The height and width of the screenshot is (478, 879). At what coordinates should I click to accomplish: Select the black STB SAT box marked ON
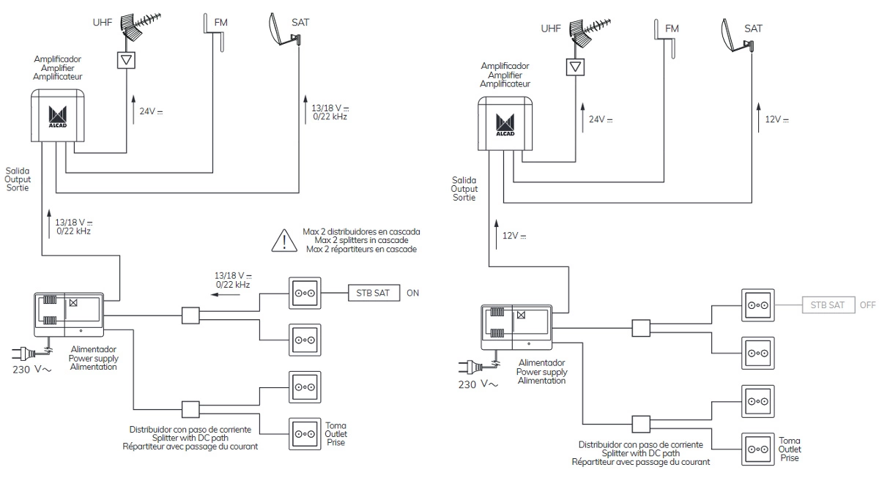pyautogui.click(x=374, y=293)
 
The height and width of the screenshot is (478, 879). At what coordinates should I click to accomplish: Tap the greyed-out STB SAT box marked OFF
pyautogui.click(x=828, y=305)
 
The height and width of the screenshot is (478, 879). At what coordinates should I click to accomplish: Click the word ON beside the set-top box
pyautogui.click(x=413, y=293)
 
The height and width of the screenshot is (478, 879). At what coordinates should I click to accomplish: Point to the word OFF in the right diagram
pyautogui.click(x=868, y=305)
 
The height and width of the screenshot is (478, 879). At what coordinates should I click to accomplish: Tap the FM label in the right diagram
pyautogui.click(x=672, y=29)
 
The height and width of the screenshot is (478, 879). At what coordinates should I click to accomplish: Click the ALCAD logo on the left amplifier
pyautogui.click(x=57, y=116)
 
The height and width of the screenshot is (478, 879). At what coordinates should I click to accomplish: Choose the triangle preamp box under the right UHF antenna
pyautogui.click(x=577, y=67)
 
